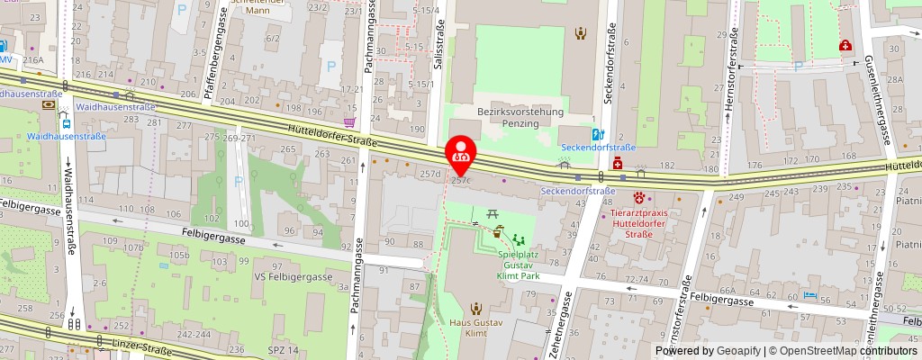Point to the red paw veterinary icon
tap(640, 196)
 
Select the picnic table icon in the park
tap(493, 214)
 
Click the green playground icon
tap(518, 239)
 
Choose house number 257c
tap(460, 181)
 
